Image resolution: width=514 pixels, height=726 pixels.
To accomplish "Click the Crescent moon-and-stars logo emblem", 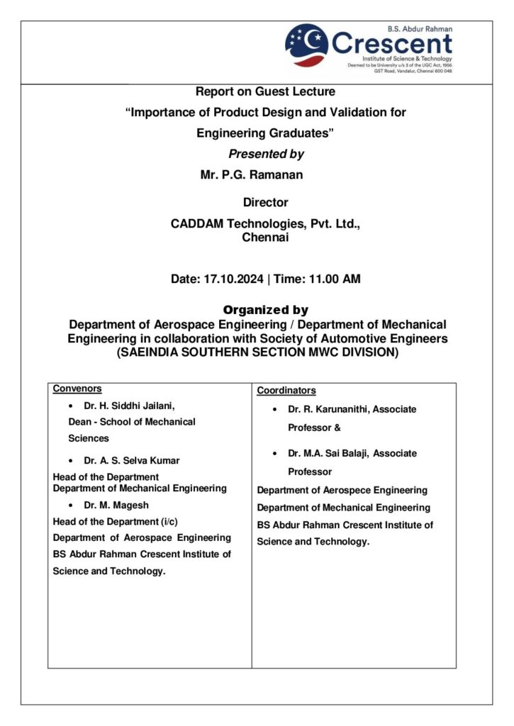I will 306,45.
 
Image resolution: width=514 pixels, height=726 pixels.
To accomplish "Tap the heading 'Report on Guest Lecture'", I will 265,91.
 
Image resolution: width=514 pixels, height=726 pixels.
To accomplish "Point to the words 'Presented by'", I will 266,154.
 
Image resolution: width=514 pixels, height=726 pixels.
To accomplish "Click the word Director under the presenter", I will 265,203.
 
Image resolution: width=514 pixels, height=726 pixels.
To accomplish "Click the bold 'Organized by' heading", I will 266,310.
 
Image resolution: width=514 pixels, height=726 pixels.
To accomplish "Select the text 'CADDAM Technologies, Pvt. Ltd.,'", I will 266,224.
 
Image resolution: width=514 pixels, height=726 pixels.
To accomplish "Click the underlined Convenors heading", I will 77,389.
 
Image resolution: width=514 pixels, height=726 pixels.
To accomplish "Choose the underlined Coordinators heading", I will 286,391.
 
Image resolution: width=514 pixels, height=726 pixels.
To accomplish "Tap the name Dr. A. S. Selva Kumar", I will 132,460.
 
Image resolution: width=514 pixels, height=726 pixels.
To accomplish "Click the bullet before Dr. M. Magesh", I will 70,505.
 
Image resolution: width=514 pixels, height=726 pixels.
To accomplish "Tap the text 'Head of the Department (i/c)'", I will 116,521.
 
